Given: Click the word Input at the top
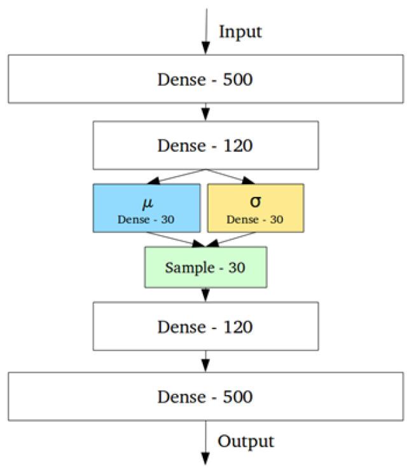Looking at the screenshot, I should click(x=240, y=31).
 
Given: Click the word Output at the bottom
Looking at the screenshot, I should click(x=245, y=441).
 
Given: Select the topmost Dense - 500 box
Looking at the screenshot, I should click(x=205, y=79).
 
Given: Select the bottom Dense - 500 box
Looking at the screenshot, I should click(x=205, y=396).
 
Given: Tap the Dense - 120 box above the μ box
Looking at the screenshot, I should click(x=205, y=145).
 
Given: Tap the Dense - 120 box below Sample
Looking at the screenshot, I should click(x=205, y=326).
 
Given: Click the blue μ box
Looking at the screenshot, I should click(x=146, y=208).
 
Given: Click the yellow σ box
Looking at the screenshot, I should click(x=256, y=208).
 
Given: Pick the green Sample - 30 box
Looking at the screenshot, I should click(x=205, y=267).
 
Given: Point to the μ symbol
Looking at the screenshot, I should click(x=146, y=202).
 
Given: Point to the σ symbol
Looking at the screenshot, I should click(x=256, y=202).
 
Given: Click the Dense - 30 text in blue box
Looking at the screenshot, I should click(x=146, y=220).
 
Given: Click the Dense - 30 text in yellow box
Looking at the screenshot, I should click(x=256, y=220).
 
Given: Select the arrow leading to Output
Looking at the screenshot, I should click(x=205, y=445).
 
